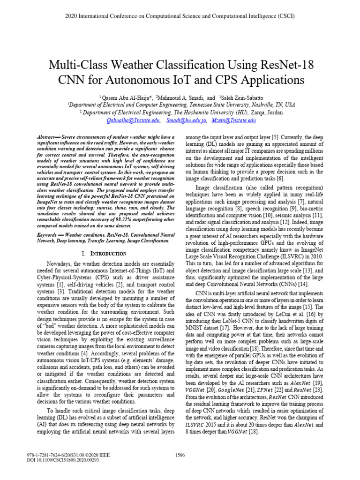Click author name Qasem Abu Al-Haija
[126, 97]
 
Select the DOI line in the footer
[57, 461]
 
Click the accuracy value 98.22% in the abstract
[112, 218]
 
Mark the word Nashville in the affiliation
[259, 105]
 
